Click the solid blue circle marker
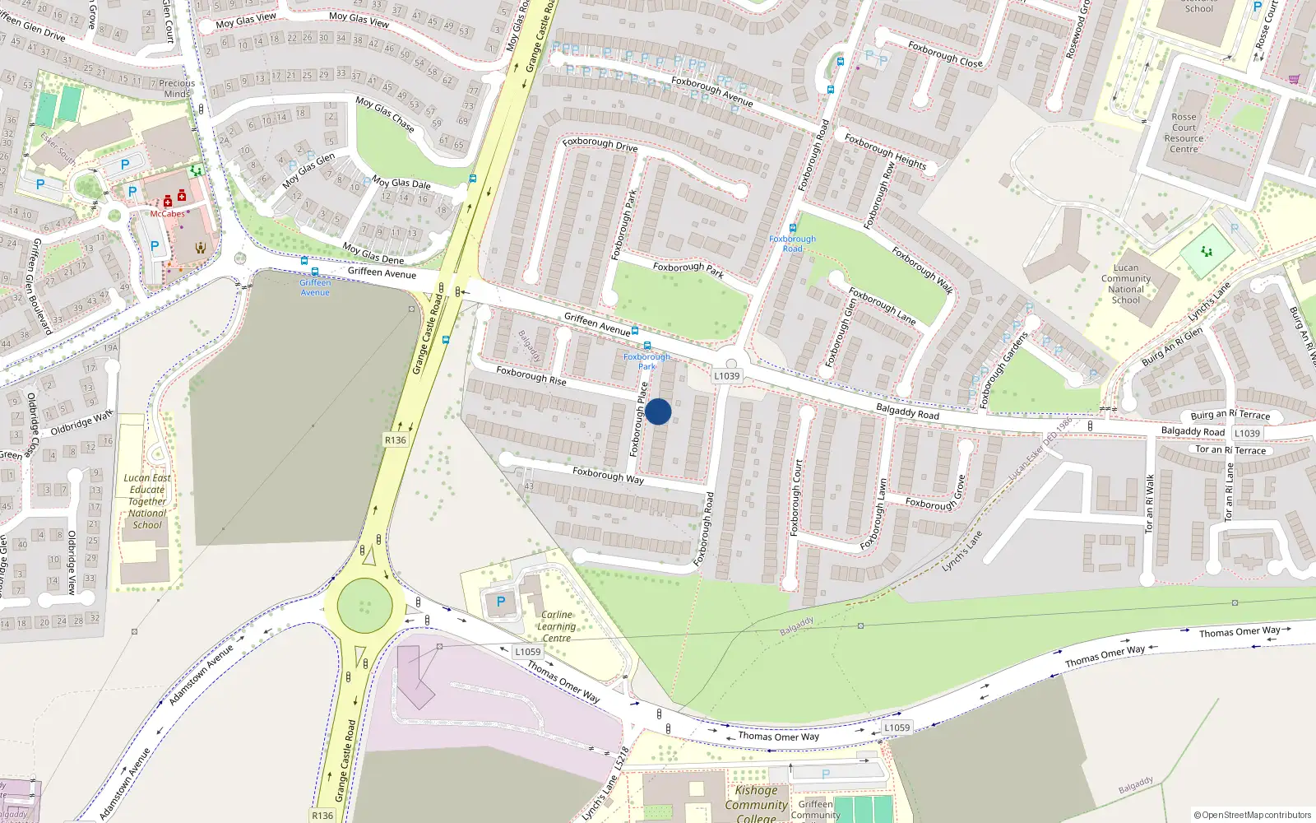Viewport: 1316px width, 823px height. click(x=658, y=411)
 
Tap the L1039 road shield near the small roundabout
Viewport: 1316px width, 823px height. click(x=726, y=376)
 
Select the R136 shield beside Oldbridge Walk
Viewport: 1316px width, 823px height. click(x=396, y=440)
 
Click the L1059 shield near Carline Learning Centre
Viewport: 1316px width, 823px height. click(x=527, y=652)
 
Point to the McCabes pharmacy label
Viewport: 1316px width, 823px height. click(x=167, y=214)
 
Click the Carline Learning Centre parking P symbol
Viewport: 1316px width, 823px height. click(x=500, y=602)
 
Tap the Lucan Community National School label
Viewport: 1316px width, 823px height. click(x=1126, y=284)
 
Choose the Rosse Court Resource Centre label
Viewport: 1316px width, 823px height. click(x=1184, y=133)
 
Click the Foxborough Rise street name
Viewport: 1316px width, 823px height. click(x=531, y=376)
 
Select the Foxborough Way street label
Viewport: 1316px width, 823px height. click(x=608, y=475)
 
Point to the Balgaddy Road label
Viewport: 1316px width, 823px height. click(x=907, y=411)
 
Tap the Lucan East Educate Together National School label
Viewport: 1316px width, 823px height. click(x=147, y=501)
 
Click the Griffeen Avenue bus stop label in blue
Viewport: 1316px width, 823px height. click(x=315, y=287)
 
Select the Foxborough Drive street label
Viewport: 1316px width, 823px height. click(x=600, y=144)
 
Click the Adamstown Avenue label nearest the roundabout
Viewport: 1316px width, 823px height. click(x=202, y=675)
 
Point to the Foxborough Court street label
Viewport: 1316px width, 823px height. click(x=796, y=499)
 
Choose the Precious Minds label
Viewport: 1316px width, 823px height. click(x=177, y=88)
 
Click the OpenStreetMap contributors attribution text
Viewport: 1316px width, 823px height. click(x=1253, y=815)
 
